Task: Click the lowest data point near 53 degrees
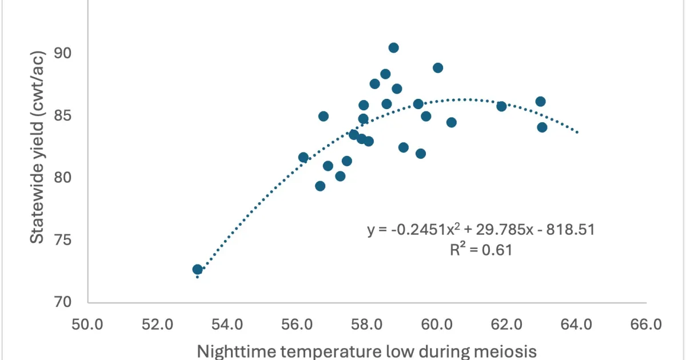[198, 269]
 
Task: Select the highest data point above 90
[393, 47]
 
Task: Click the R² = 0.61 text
[481, 250]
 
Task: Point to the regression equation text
[481, 230]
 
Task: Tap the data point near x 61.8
[501, 106]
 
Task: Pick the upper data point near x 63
[540, 102]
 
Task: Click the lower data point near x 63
[542, 127]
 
